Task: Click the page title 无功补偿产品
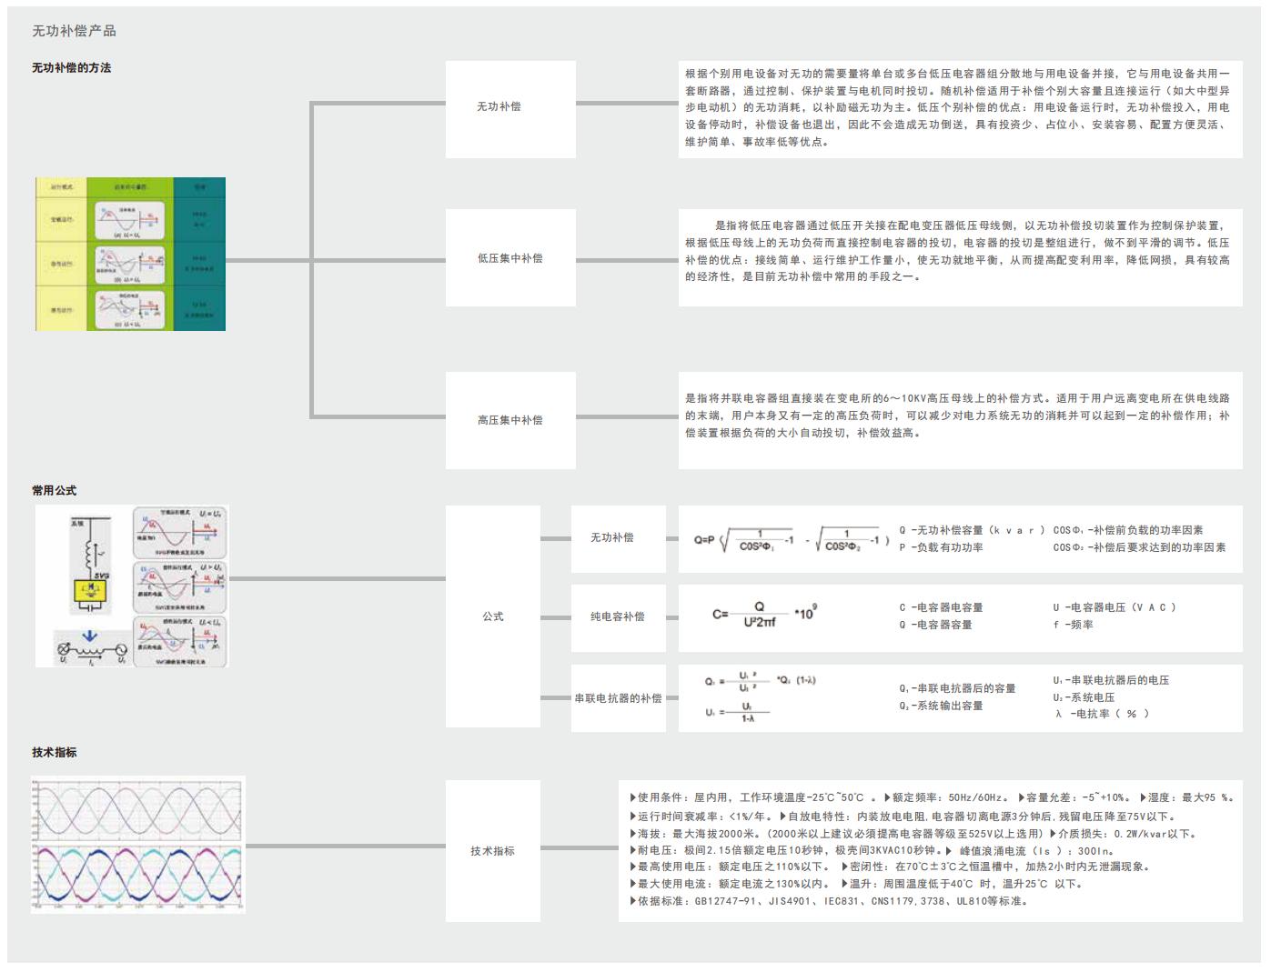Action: [x=74, y=31]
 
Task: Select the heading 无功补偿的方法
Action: [x=71, y=68]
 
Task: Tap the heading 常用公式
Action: [x=54, y=491]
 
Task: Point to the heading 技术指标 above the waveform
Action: [x=54, y=753]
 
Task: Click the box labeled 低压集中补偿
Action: [x=510, y=258]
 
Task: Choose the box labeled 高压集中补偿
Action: [x=510, y=420]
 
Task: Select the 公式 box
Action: [x=493, y=616]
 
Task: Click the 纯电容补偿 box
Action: [x=618, y=617]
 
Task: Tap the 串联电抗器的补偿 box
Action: [x=618, y=698]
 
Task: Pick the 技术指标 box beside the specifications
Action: [x=493, y=851]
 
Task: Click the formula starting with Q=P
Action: [x=791, y=540]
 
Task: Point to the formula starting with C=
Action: [x=763, y=616]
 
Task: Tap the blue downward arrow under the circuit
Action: [x=89, y=637]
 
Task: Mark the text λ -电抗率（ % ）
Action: [x=1102, y=715]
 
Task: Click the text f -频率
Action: [x=1074, y=625]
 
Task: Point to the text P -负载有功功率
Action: [x=941, y=547]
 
